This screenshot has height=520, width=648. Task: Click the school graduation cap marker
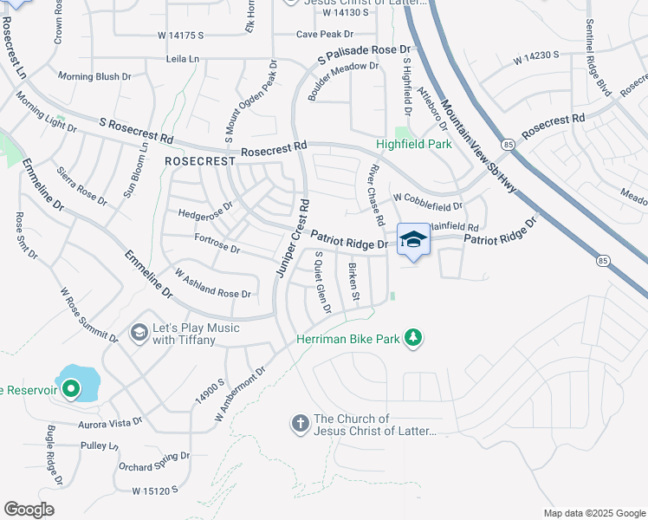click(414, 240)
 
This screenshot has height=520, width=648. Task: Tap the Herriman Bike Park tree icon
click(414, 338)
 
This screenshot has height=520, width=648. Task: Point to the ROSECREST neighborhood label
click(200, 161)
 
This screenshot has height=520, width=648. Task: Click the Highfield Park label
click(413, 144)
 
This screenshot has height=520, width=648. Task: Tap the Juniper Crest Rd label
click(293, 239)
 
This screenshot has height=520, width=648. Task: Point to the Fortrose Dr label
click(217, 244)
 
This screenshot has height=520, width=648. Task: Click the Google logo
click(29, 510)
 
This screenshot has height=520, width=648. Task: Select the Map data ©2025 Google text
click(593, 513)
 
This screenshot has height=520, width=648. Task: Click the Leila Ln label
click(183, 59)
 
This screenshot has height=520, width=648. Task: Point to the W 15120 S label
click(156, 490)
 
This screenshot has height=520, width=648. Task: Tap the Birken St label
click(353, 283)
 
